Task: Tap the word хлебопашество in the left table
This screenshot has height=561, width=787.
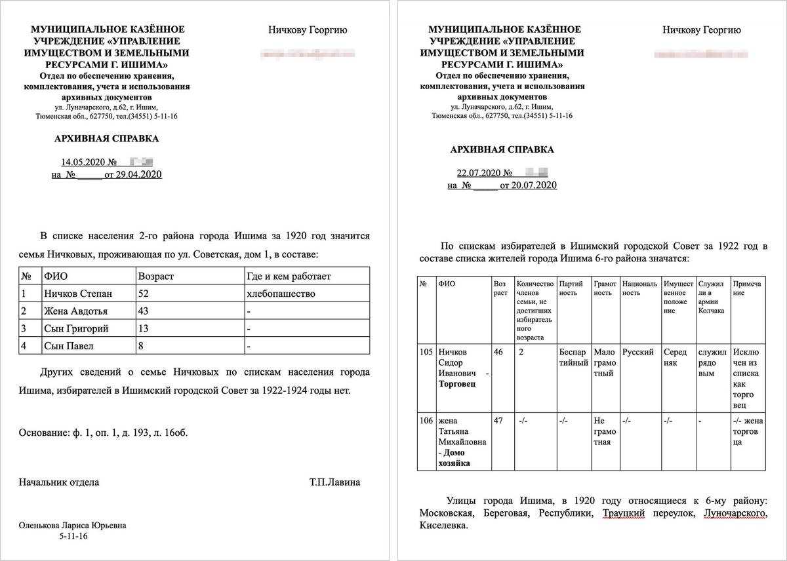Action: tap(281, 294)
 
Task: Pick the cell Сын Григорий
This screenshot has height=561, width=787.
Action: tap(76, 328)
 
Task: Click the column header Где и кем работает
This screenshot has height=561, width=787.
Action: tap(289, 277)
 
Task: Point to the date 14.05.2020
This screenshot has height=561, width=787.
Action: tap(83, 162)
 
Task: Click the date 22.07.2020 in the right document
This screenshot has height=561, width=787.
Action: tap(478, 173)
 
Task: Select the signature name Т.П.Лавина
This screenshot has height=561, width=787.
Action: tap(334, 482)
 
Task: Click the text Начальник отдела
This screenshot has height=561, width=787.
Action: tap(59, 482)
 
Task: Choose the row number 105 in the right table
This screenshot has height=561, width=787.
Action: tap(426, 352)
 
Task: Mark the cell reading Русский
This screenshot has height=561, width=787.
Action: tap(638, 352)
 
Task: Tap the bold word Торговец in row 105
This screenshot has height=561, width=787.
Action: tap(458, 384)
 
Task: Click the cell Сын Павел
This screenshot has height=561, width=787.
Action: tap(68, 345)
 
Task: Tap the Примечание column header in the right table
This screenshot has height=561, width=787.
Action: tap(747, 288)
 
